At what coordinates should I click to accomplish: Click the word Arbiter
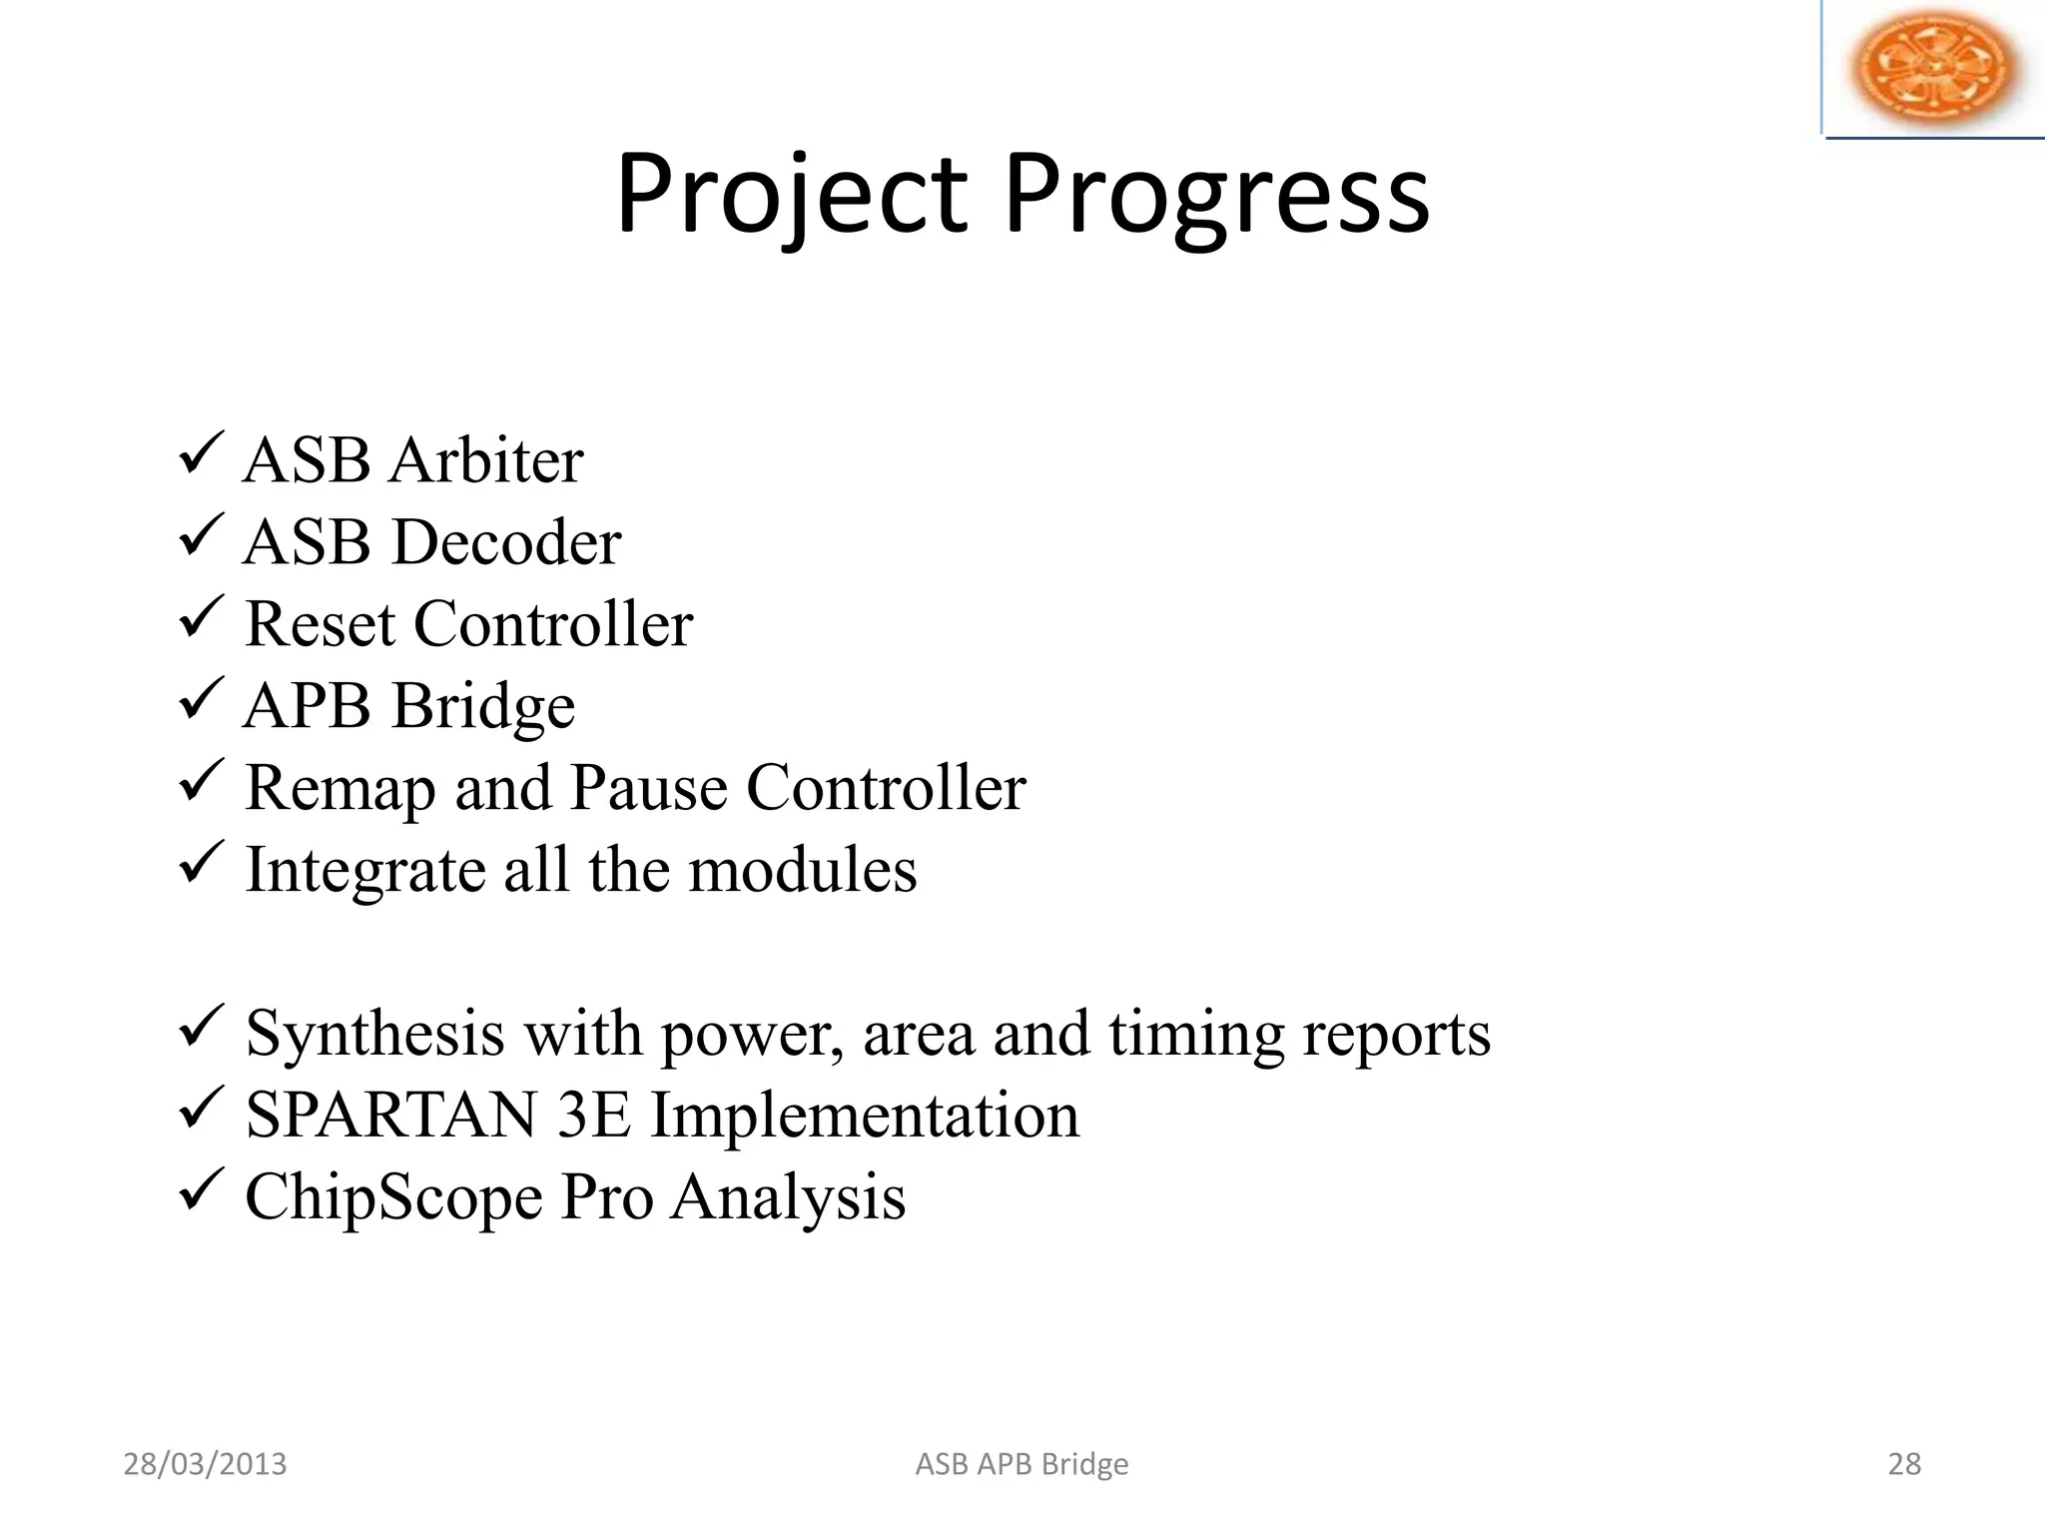tap(486, 461)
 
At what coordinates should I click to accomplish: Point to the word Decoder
tap(506, 543)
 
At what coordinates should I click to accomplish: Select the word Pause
tap(649, 789)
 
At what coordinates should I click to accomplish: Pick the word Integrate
tap(364, 872)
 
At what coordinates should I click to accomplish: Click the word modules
tap(802, 870)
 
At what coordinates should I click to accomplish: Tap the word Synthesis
tap(374, 1036)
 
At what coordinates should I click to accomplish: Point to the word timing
tap(1195, 1036)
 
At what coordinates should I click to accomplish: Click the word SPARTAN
tap(390, 1116)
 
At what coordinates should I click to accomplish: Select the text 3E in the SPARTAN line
tap(594, 1116)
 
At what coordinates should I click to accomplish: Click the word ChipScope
tap(393, 1198)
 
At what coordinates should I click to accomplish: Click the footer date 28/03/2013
tap(205, 1464)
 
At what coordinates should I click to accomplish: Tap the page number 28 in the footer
tap(1904, 1464)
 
